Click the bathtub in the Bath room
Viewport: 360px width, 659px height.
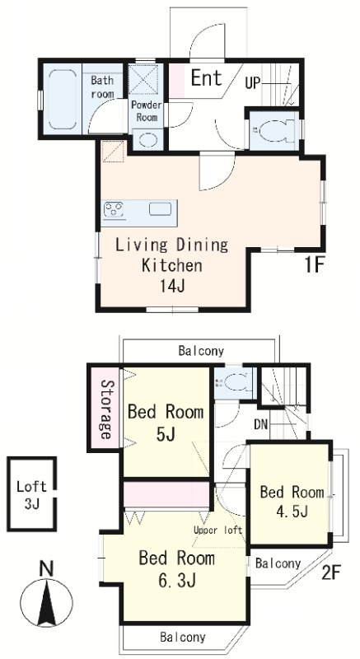point(62,99)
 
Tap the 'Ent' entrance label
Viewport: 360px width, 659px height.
point(206,77)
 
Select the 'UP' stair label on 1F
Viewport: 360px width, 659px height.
point(253,84)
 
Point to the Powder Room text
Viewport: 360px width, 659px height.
point(147,111)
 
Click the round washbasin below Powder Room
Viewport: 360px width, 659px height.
point(147,139)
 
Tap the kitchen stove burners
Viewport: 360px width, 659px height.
point(114,209)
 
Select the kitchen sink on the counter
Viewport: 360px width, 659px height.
point(160,209)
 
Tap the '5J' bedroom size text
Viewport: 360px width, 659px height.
point(165,435)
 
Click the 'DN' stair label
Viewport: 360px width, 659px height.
point(260,424)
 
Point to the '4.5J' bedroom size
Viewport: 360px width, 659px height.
point(291,511)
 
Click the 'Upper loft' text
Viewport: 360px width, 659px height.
point(218,530)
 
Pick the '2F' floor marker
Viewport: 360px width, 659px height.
point(330,573)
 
